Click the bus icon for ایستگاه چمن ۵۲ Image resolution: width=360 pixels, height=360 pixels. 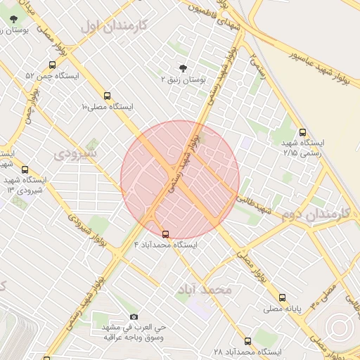(x=53, y=65)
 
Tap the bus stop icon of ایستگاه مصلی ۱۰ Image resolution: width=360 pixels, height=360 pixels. (x=107, y=96)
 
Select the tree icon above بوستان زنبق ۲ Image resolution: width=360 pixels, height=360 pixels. (x=184, y=68)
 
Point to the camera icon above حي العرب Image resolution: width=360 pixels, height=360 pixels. (x=134, y=317)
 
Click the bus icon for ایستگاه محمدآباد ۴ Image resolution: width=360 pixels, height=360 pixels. (x=165, y=234)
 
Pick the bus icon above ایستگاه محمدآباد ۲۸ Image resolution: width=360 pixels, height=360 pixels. (x=247, y=341)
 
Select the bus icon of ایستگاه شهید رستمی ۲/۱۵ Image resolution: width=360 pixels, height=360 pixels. (x=302, y=132)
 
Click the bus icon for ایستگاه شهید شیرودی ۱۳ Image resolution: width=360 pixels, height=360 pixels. (x=25, y=169)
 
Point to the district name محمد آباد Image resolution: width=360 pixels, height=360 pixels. (x=205, y=289)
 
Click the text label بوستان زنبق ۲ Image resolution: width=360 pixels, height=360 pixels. (x=183, y=80)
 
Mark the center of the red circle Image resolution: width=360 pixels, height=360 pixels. (x=180, y=180)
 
